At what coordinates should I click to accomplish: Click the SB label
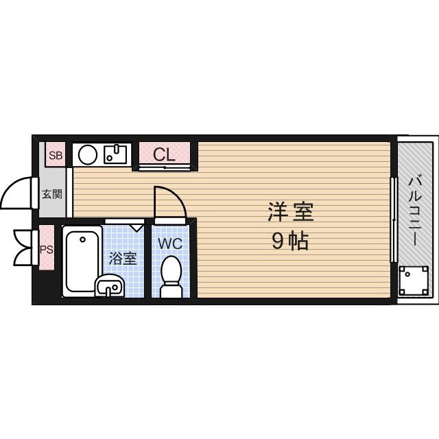pyautogui.click(x=56, y=155)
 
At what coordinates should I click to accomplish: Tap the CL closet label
pyautogui.click(x=164, y=154)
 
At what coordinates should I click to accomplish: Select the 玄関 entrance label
pyautogui.click(x=52, y=193)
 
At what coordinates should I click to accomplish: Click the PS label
pyautogui.click(x=47, y=250)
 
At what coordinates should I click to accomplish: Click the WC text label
pyautogui.click(x=171, y=244)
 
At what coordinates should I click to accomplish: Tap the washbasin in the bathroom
pyautogui.click(x=108, y=286)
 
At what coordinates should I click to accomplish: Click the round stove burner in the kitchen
pyautogui.click(x=87, y=154)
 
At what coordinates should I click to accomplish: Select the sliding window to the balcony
pyautogui.click(x=394, y=219)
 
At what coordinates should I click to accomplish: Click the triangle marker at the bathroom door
pyautogui.click(x=136, y=225)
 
